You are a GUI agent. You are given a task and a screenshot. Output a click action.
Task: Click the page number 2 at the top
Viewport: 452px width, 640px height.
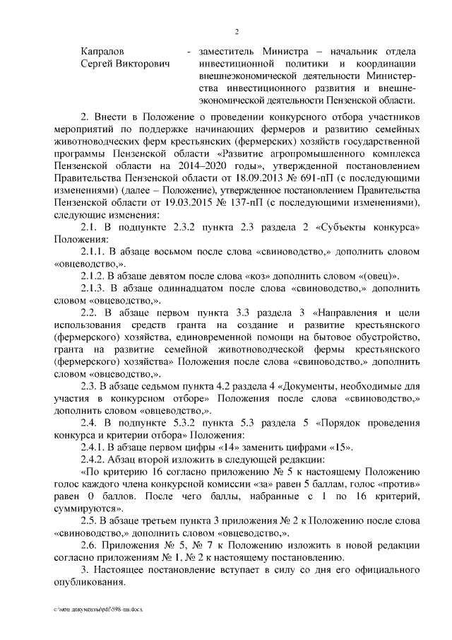click(237, 32)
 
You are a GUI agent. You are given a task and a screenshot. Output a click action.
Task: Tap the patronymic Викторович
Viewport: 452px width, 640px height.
click(143, 64)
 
